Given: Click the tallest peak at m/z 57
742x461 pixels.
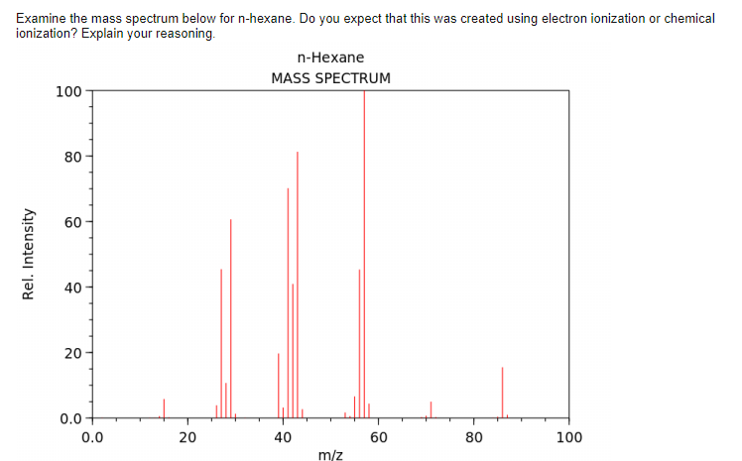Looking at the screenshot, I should point(364,248).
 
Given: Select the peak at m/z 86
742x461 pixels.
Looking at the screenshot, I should point(502,393).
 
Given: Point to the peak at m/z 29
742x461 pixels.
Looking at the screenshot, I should point(230,317).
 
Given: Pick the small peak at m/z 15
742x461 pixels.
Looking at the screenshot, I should point(164,408).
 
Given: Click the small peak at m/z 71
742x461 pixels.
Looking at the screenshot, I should point(431,409).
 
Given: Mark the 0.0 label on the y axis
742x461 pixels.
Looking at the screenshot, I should point(69,418).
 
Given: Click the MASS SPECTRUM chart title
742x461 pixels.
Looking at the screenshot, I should point(330,77).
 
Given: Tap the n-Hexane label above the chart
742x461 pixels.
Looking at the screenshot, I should point(330,58).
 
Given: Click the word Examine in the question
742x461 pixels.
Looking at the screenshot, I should point(44,19).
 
